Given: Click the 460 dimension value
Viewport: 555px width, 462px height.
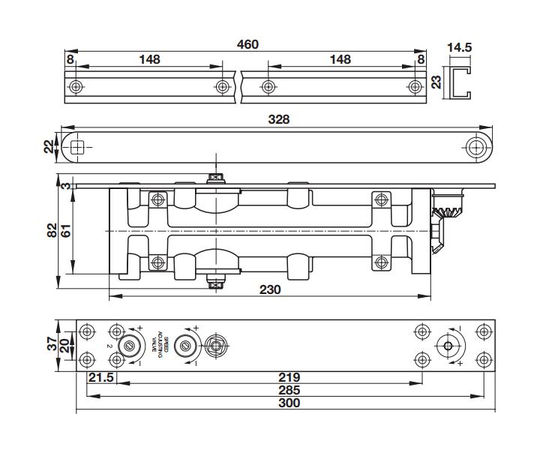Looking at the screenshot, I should click(x=247, y=44).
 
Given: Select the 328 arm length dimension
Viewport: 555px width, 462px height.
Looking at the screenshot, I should click(x=279, y=119).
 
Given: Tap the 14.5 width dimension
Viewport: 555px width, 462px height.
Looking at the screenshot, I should click(x=459, y=47).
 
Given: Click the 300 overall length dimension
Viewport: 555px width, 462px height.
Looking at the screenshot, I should click(x=288, y=403).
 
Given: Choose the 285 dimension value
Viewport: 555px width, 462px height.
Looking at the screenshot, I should click(x=289, y=390).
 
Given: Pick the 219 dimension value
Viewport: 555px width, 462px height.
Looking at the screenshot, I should click(x=289, y=376).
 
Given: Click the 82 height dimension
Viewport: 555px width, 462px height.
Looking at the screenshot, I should click(x=52, y=230).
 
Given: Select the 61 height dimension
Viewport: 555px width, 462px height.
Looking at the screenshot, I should click(x=66, y=230).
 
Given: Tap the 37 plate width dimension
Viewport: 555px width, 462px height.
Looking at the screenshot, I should click(x=52, y=344).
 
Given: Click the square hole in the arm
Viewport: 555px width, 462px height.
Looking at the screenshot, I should click(x=77, y=147).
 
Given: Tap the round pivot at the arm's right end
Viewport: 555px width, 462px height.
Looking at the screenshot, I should click(x=475, y=147).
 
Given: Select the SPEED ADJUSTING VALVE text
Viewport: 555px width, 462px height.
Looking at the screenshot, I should click(x=160, y=344).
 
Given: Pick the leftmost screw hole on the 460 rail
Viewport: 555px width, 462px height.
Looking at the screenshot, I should click(x=76, y=87).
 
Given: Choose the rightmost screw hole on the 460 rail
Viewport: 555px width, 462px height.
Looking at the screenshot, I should click(x=415, y=87).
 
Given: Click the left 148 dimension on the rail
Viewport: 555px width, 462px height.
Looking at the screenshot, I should click(x=148, y=59).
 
